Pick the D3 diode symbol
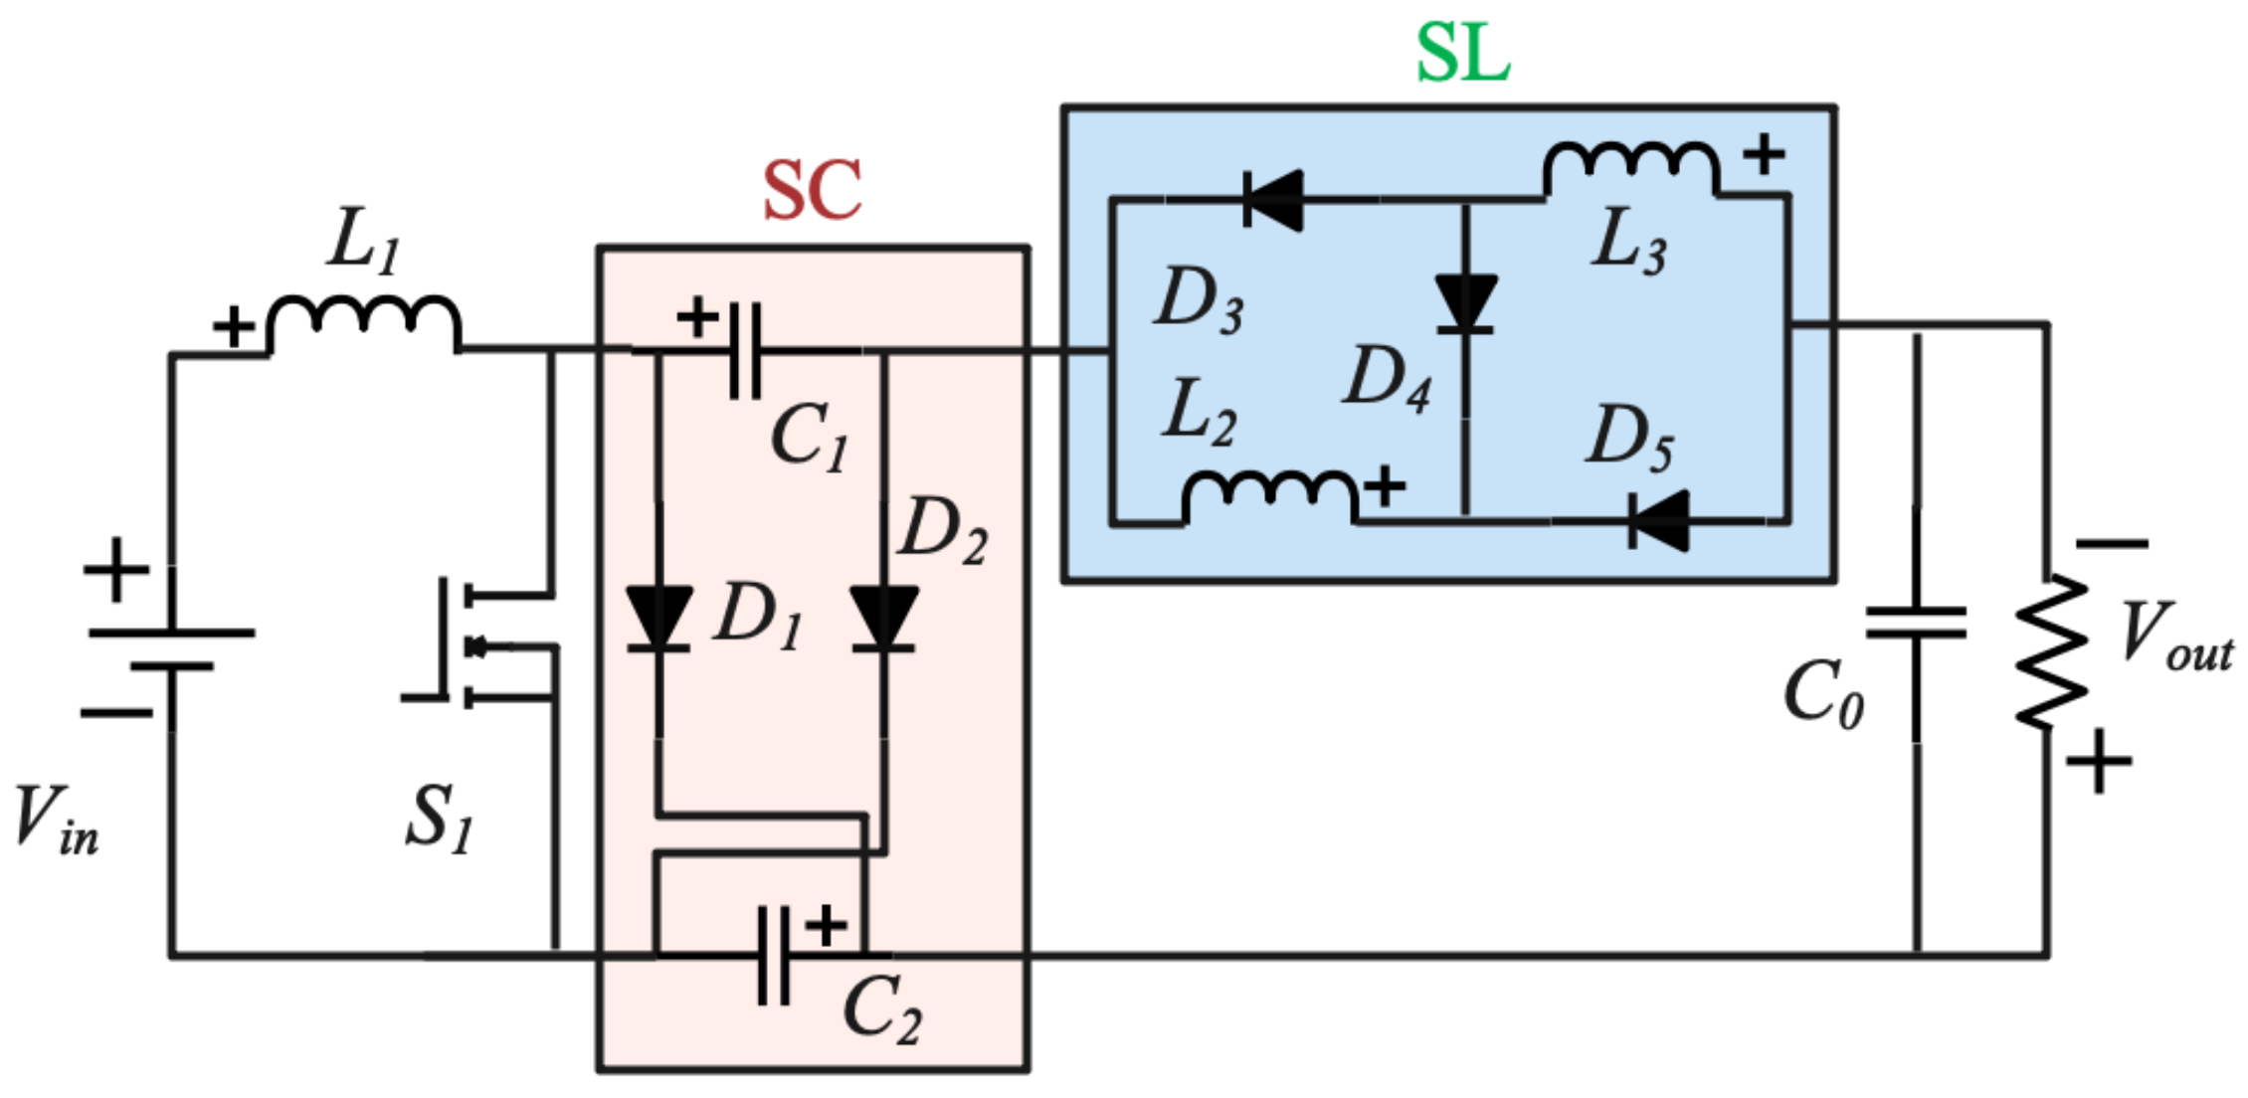click(1274, 200)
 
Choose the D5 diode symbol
click(1659, 520)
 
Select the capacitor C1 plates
click(745, 351)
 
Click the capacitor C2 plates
click(774, 956)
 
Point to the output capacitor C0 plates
click(1916, 624)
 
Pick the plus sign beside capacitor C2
click(826, 926)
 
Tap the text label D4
click(1388, 379)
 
